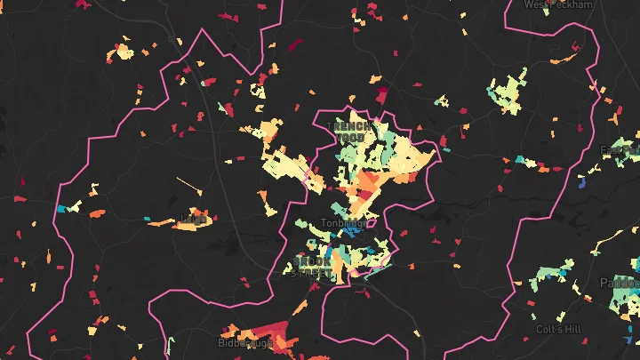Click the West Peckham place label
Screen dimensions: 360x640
click(x=559, y=4)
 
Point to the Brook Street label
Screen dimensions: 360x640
click(x=314, y=267)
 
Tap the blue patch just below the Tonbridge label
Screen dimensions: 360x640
click(x=353, y=232)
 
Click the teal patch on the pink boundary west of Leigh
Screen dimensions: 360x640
click(x=62, y=209)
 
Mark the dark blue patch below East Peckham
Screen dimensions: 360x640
click(x=583, y=183)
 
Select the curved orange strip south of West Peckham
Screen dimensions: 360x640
click(x=565, y=58)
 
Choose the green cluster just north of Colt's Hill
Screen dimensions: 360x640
click(x=549, y=275)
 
